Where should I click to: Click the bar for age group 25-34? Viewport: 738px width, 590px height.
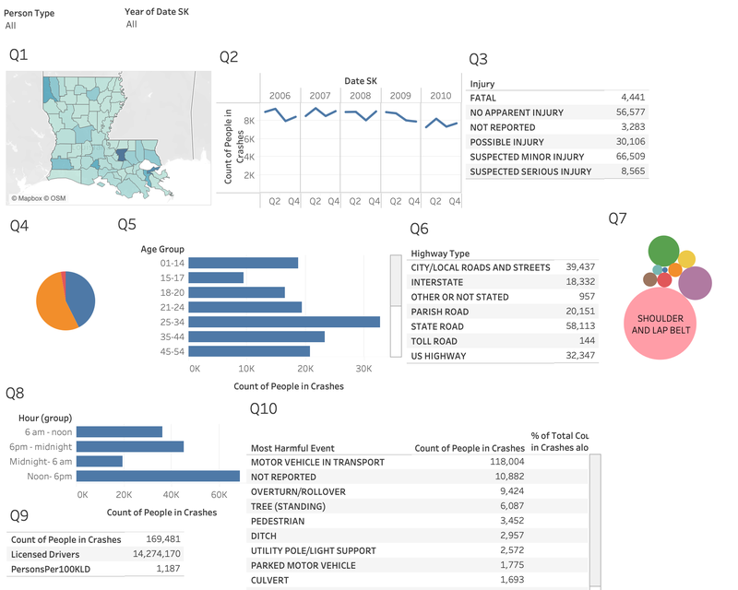point(287,322)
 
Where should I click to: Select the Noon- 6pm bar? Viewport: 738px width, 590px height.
point(158,476)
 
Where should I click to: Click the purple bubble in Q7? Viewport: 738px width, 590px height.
point(696,282)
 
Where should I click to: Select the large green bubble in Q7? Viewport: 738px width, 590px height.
point(663,251)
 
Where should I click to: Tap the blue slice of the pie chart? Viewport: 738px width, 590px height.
point(80,297)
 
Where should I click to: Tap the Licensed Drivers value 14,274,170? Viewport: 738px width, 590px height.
point(154,554)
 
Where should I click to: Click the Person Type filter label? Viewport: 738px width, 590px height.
point(30,14)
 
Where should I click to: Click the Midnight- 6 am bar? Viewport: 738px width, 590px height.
point(100,461)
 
